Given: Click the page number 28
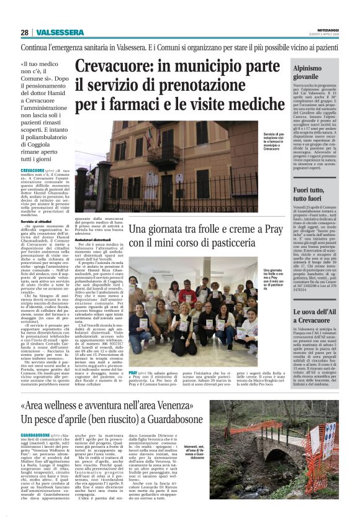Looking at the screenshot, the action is click(x=24, y=32).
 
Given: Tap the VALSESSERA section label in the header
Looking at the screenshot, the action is click(x=55, y=32).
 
